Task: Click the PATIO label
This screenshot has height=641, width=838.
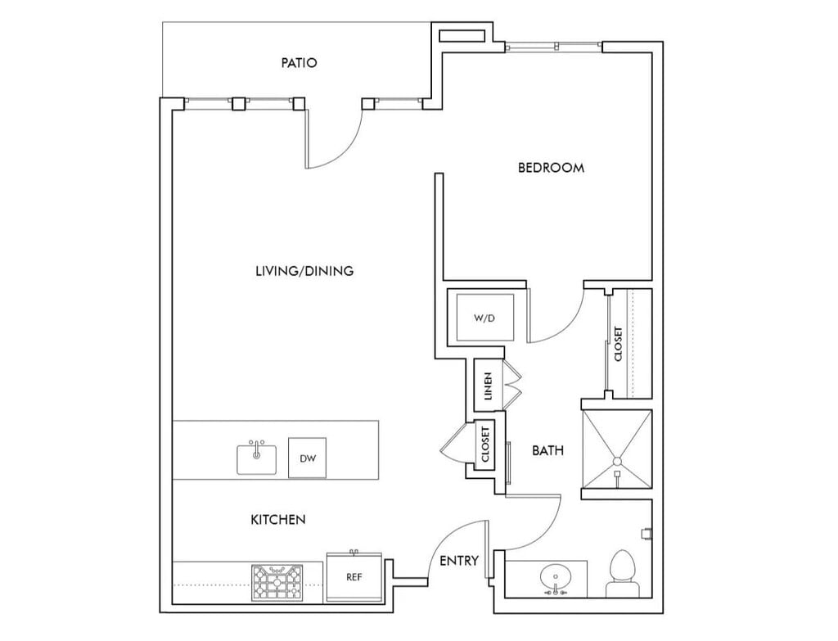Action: pos(299,62)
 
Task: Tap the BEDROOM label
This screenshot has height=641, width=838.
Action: pos(551,168)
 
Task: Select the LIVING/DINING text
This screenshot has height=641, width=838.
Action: pos(304,271)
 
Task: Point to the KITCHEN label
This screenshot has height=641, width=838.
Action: pos(278,519)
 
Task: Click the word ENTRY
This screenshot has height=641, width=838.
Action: pos(459,560)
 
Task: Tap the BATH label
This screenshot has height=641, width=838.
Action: pos(547,451)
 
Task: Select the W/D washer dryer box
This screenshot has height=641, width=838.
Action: pos(485,318)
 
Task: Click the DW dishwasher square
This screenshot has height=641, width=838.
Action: pos(308,458)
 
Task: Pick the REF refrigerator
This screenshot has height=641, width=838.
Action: pos(354,576)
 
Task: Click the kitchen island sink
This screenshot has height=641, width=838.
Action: pos(256,458)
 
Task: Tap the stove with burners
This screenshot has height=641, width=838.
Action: pos(277,582)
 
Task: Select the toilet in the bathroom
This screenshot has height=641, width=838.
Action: pos(623,574)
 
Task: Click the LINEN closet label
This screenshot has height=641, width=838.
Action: pos(488,386)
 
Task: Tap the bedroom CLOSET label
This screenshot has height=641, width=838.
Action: pos(619,344)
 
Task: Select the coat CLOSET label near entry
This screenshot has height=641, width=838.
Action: pos(485,445)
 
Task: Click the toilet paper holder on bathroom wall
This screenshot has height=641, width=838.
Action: pos(647,534)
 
